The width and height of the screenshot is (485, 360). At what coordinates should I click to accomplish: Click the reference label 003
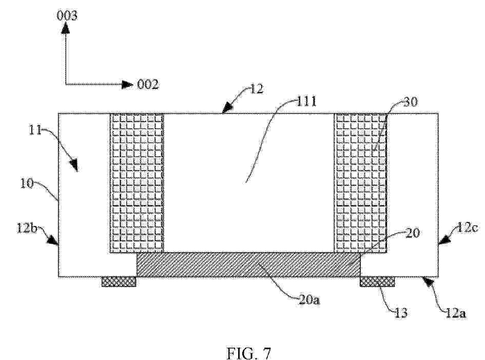(67, 15)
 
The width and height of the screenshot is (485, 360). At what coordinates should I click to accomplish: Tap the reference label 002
(148, 84)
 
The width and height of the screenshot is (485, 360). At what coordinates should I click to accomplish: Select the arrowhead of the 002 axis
(127, 84)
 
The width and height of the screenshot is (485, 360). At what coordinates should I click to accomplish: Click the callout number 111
(307, 101)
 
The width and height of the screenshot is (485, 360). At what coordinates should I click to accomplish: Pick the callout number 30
(410, 102)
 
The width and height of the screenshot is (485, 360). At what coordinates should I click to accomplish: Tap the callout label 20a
(309, 299)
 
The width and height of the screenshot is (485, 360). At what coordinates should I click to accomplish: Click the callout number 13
(401, 313)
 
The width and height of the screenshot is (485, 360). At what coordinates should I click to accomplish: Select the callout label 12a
(456, 313)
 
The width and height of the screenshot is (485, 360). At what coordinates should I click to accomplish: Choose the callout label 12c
(468, 228)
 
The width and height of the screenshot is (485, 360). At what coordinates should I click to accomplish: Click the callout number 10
(27, 183)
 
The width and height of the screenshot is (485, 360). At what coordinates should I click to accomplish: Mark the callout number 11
(35, 130)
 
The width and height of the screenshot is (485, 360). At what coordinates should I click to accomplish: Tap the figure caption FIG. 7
(249, 353)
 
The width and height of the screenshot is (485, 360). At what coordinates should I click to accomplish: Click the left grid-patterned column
(137, 182)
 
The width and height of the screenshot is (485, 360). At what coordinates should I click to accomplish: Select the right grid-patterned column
(361, 182)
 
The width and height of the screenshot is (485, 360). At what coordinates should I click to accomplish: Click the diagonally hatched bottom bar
(249, 264)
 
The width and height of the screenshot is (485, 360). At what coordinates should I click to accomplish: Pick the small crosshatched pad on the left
(119, 282)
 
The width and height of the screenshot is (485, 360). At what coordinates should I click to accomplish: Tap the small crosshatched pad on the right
(377, 282)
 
